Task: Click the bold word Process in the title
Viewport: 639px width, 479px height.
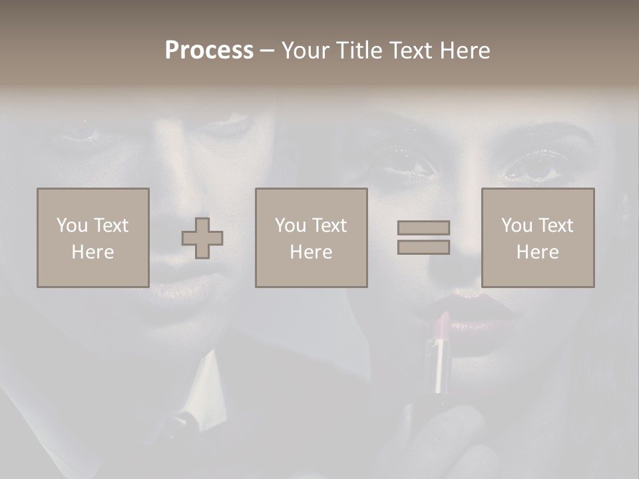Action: (209, 51)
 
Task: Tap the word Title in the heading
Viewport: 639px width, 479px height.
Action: (358, 51)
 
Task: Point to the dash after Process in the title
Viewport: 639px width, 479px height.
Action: (267, 51)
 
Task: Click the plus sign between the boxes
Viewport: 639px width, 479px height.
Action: (202, 238)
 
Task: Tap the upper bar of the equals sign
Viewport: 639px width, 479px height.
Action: (423, 228)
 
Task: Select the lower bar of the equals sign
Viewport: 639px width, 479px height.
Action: (423, 247)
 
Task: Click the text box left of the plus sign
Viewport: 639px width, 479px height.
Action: (93, 238)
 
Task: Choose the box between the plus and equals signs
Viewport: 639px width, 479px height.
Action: (311, 238)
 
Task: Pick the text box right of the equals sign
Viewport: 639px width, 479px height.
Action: (537, 238)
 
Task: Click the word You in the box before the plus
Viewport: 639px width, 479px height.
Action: (72, 226)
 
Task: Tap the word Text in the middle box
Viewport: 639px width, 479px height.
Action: (329, 226)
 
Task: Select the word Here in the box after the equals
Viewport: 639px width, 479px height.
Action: (537, 252)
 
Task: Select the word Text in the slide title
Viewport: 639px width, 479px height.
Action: (408, 51)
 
